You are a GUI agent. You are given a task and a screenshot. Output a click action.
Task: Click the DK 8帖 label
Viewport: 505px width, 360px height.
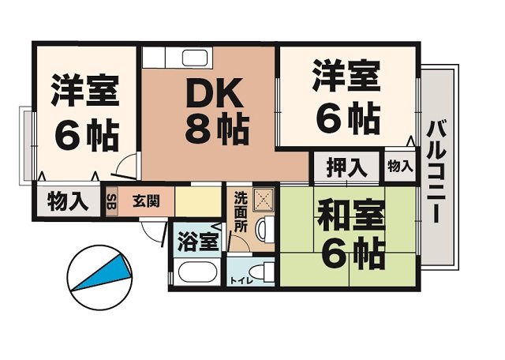click(217, 111)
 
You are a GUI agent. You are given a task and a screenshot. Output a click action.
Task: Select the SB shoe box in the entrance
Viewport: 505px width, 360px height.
click(111, 202)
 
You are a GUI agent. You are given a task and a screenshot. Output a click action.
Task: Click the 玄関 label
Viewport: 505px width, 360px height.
click(146, 202)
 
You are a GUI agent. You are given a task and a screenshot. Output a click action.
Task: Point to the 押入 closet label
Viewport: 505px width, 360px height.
click(346, 167)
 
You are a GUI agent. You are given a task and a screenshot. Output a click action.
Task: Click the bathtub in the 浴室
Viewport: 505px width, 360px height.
click(198, 272)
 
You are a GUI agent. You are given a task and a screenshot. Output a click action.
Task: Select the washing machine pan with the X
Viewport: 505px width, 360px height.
click(264, 200)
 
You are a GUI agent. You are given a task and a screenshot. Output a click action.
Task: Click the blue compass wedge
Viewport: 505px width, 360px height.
click(103, 272)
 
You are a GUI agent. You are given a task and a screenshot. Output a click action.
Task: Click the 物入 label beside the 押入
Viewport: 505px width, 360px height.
click(400, 167)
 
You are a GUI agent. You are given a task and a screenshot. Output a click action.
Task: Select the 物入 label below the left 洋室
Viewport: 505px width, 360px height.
click(68, 201)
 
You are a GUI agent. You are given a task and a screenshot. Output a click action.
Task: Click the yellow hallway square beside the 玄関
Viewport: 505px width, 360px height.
click(198, 202)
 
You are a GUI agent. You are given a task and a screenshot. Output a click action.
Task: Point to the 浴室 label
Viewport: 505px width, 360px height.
click(198, 241)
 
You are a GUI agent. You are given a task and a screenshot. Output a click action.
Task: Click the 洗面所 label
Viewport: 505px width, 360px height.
click(241, 212)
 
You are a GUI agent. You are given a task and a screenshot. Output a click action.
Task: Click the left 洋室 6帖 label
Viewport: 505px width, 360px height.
click(84, 113)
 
